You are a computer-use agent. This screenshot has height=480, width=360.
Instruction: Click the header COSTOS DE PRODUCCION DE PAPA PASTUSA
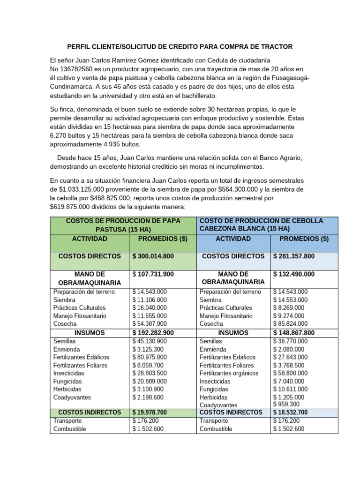[x=124, y=225]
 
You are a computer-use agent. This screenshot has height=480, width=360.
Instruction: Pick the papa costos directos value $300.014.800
[x=153, y=256]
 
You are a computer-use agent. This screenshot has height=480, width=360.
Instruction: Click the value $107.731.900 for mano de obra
[x=153, y=274]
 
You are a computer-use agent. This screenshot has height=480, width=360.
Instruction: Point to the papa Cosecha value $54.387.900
[x=150, y=324]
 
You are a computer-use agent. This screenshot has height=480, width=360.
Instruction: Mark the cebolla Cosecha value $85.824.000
[x=290, y=324]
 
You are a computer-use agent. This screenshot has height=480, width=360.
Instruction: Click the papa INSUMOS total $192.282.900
[x=153, y=333]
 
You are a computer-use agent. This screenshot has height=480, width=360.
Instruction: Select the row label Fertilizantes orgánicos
[x=229, y=373]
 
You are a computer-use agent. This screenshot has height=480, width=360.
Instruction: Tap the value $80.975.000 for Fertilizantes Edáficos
[x=150, y=357]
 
